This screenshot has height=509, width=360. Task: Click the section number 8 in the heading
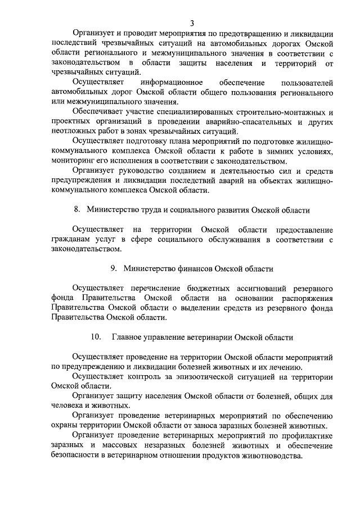click(76, 210)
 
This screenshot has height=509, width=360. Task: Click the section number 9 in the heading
click(114, 268)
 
